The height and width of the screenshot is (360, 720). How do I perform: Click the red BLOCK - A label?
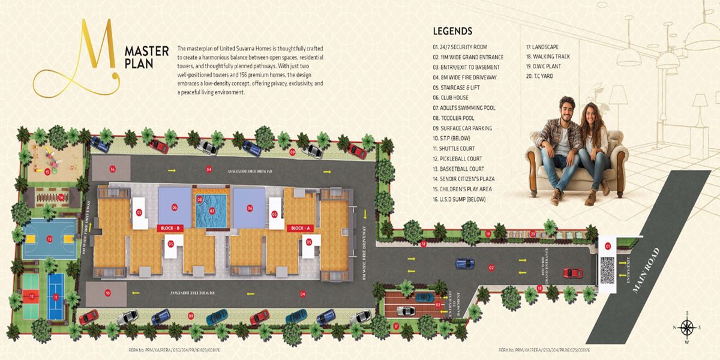pos(298,228)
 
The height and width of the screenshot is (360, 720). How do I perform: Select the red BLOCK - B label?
pos(169,228)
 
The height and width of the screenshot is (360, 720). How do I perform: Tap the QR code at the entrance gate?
pos(607,265)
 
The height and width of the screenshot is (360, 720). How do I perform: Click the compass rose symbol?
pos(688,327)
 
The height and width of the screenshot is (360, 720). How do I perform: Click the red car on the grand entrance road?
pos(572,273)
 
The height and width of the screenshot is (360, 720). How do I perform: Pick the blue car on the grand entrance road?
pos(465,263)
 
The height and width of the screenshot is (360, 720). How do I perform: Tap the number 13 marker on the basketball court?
pos(49,239)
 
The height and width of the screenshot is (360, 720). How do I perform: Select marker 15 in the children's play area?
pos(47,171)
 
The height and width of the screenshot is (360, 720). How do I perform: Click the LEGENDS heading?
pos(452,31)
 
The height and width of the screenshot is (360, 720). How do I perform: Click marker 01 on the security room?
pos(607,245)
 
